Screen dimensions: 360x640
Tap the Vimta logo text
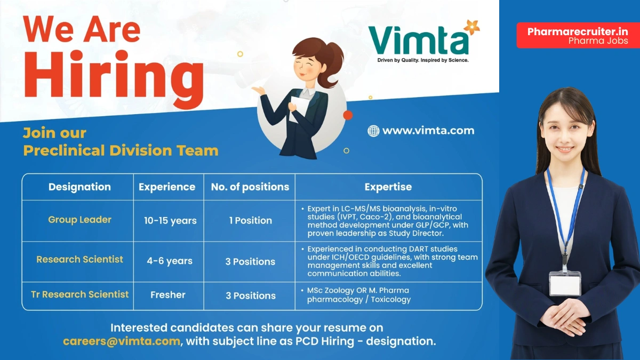418,41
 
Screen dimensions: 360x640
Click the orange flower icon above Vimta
471,26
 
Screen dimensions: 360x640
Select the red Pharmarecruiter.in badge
578,35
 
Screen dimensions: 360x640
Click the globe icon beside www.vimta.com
373,131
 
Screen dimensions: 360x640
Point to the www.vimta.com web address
428,131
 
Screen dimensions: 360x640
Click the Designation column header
79,187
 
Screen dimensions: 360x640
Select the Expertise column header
388,187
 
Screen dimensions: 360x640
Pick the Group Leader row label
79,220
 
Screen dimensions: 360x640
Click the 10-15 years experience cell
170,221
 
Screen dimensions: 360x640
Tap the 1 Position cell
250,220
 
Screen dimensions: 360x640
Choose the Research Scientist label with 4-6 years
79,260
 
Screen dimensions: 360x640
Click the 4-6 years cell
170,261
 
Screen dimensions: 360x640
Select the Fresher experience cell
168,295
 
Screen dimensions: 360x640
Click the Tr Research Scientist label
79,294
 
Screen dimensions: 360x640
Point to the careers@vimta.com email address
121,341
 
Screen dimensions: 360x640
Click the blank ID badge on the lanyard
565,283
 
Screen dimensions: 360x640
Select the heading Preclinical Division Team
121,150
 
